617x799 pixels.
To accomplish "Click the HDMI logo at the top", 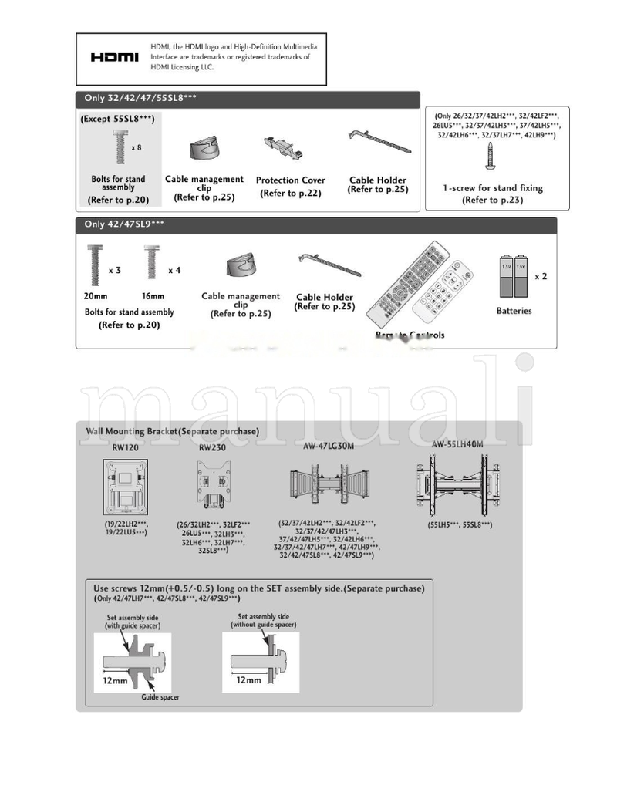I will point(114,58).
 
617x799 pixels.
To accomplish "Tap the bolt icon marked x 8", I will point(120,147).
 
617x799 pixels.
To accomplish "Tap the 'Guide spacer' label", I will point(160,696).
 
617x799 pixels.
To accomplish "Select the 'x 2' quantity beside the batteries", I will point(541,276).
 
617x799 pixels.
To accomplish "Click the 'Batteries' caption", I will point(514,311).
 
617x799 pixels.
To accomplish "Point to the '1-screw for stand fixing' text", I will point(492,188).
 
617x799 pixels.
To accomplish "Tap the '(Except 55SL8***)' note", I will point(117,120).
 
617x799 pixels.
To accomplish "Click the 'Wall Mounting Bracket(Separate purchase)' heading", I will point(172,431).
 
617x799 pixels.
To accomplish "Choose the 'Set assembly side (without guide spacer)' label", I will point(264,620).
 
